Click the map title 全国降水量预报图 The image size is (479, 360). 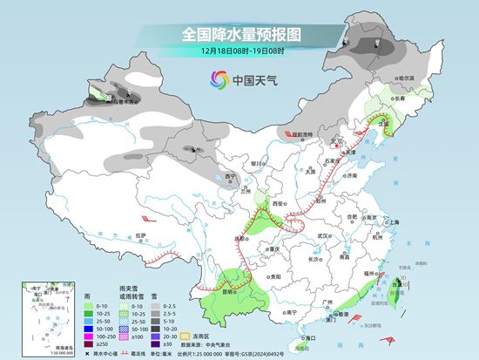point(239,35)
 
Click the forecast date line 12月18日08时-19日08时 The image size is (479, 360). point(239,52)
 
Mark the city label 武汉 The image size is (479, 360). point(326,235)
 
